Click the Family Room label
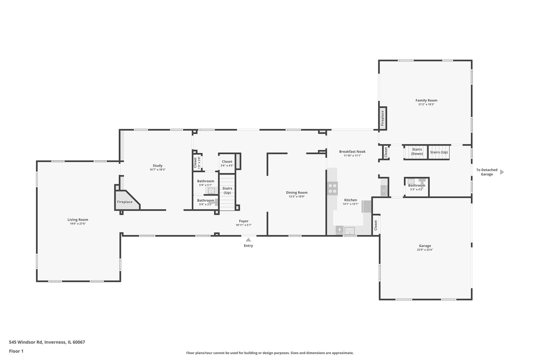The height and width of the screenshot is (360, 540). click(x=426, y=100)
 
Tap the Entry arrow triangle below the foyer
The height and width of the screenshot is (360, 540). click(x=248, y=239)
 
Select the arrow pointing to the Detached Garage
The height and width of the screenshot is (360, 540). click(x=502, y=172)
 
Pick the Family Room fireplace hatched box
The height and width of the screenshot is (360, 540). click(x=383, y=118)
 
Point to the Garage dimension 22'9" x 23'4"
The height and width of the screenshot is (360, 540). click(x=425, y=250)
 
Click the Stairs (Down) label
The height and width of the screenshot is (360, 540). click(x=417, y=152)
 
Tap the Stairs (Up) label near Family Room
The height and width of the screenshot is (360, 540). click(x=439, y=152)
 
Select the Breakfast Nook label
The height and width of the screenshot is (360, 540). click(x=352, y=152)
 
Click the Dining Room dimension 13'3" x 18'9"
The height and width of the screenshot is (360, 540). click(x=297, y=197)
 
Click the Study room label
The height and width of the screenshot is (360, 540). click(x=157, y=166)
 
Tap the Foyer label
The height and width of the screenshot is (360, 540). click(x=244, y=221)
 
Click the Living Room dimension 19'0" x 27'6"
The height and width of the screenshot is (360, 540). click(x=78, y=224)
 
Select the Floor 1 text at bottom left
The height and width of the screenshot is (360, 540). click(x=16, y=351)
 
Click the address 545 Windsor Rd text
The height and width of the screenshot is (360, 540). click(x=47, y=342)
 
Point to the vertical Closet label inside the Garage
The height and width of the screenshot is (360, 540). click(x=376, y=225)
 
